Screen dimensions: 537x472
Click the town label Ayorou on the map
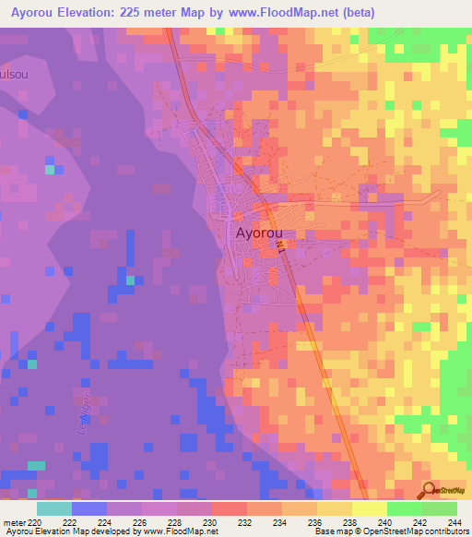(x=259, y=233)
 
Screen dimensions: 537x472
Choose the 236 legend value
(x=316, y=523)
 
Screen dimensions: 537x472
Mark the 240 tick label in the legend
(x=386, y=523)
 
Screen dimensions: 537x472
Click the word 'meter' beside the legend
(x=14, y=523)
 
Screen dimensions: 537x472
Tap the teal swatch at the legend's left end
(x=54, y=508)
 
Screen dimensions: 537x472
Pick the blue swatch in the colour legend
(x=89, y=508)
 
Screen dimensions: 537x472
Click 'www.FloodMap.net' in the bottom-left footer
(x=170, y=532)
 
